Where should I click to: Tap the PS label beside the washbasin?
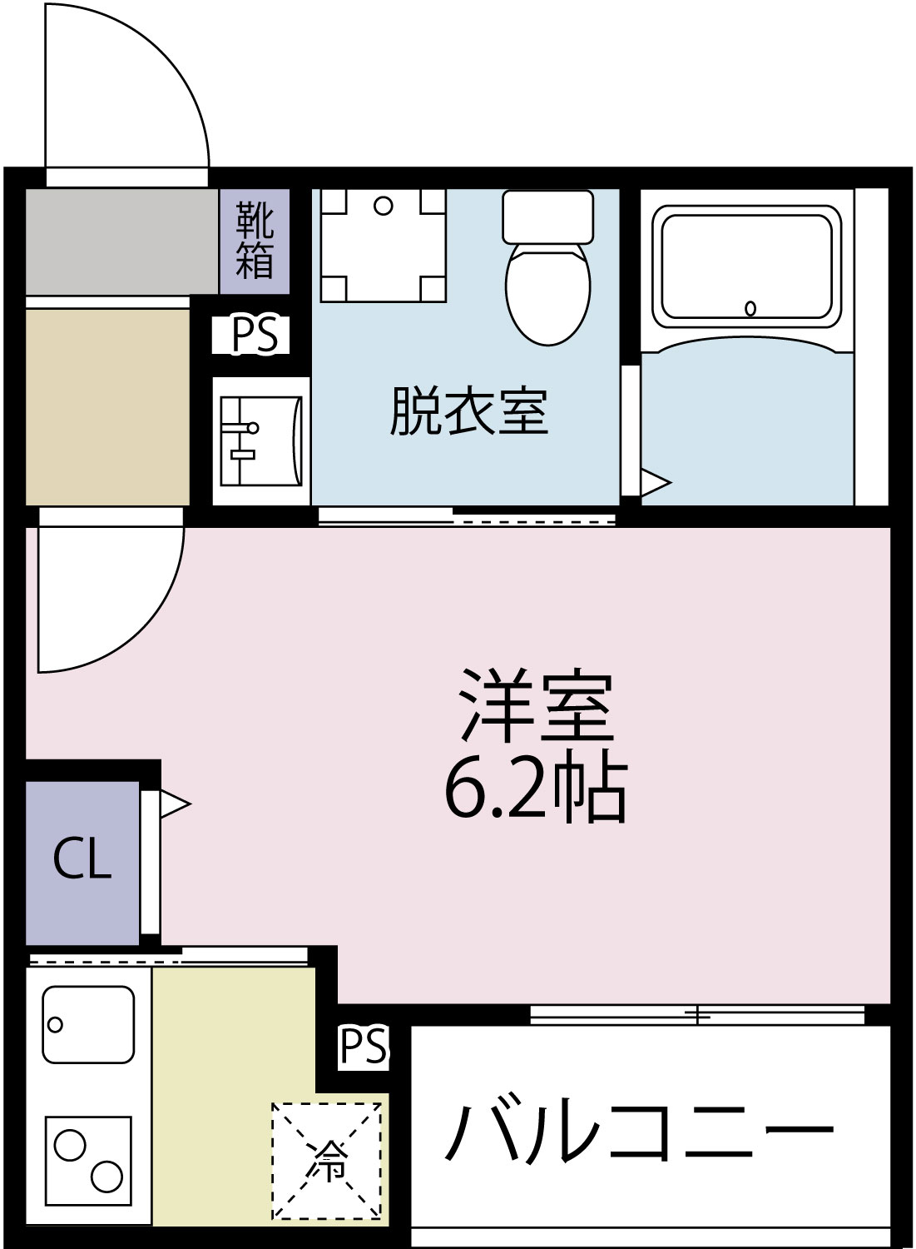tap(254, 335)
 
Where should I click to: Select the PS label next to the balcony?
tap(364, 1046)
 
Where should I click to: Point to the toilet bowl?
tap(548, 292)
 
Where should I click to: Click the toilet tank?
tap(547, 216)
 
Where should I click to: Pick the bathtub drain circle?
tap(750, 308)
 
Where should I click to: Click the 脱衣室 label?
tap(468, 411)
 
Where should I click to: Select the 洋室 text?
tap(537, 706)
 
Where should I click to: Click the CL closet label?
tap(82, 859)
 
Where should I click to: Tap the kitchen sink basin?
tap(88, 1024)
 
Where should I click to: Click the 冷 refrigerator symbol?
tap(327, 1161)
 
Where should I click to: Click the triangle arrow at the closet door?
tap(174, 804)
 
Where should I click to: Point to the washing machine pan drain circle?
tap(383, 206)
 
